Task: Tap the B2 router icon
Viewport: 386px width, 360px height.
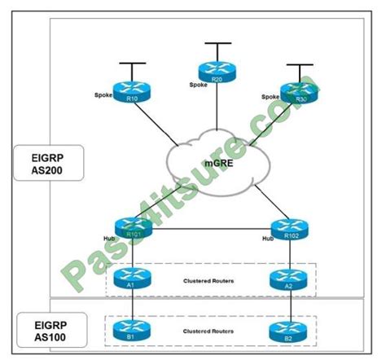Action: tap(288, 333)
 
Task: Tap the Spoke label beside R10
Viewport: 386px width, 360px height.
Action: tap(103, 96)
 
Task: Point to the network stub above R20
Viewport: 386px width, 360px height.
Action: tap(216, 45)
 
